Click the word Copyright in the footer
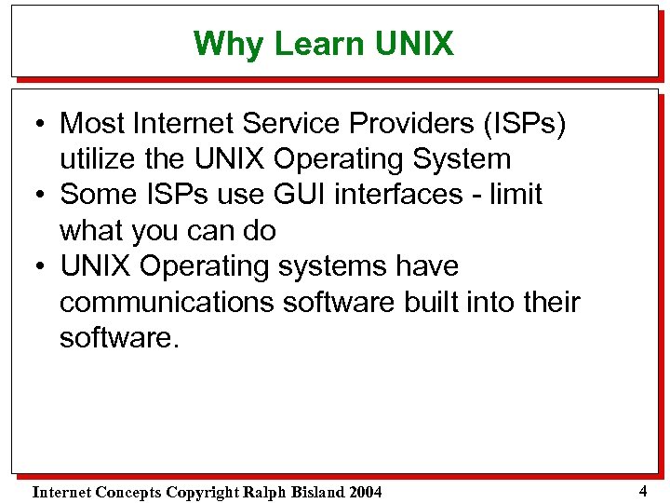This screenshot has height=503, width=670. (x=196, y=492)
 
